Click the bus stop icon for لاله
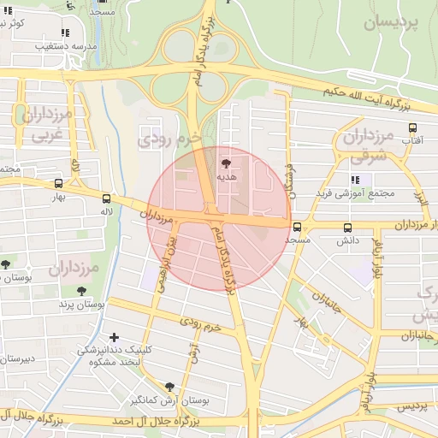click(x=106, y=197)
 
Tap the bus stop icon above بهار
click(x=58, y=183)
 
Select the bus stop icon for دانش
click(x=347, y=228)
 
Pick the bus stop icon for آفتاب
click(x=412, y=127)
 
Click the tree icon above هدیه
click(x=226, y=162)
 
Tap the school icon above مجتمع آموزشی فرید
click(x=353, y=180)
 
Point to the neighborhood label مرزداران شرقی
click(x=380, y=145)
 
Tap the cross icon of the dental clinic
click(x=114, y=337)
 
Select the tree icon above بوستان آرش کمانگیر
click(x=169, y=387)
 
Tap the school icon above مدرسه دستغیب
click(x=66, y=33)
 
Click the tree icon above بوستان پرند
click(x=81, y=292)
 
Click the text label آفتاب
click(x=411, y=140)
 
